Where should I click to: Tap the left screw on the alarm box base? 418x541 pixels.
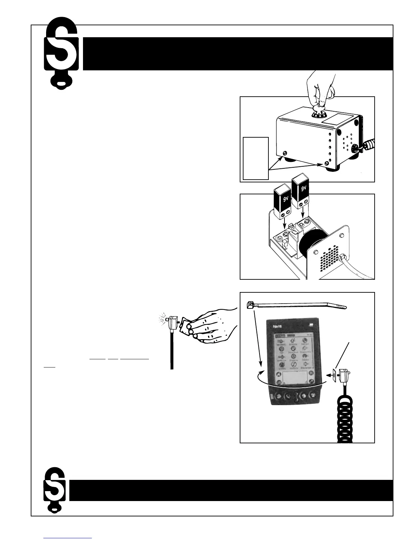point(285,153)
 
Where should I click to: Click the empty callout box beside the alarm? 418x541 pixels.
point(255,158)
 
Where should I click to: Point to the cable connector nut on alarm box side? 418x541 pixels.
point(356,148)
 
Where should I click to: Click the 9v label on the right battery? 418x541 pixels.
point(302,188)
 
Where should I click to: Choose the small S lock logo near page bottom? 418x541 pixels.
point(54,490)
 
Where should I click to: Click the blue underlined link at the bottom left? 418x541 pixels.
point(68,538)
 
